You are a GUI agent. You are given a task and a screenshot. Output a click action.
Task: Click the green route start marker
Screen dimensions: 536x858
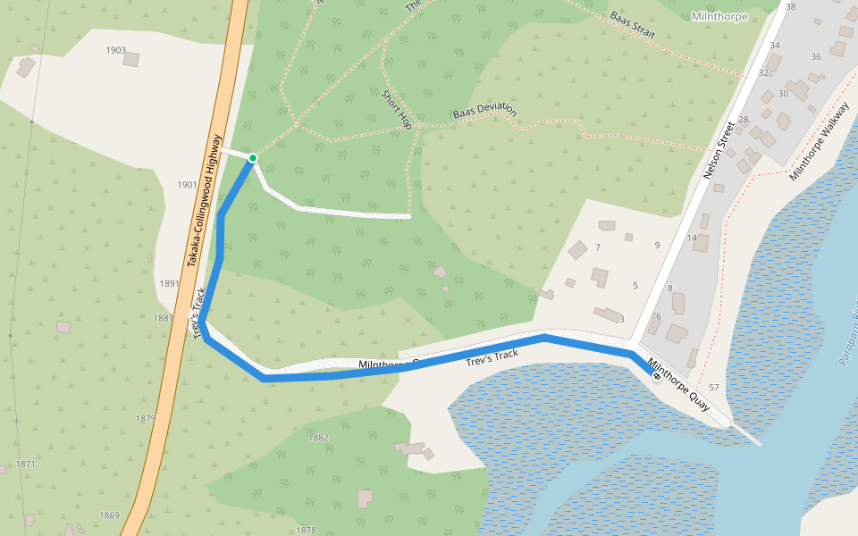[253, 159]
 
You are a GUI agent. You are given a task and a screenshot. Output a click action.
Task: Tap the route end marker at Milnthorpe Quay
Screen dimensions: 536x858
[657, 376]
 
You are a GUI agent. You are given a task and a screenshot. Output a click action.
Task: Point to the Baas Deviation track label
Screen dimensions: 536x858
[484, 112]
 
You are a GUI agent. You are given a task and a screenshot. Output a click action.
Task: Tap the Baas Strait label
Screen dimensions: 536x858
[633, 25]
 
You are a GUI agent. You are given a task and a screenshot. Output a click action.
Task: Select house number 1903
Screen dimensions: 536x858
[115, 50]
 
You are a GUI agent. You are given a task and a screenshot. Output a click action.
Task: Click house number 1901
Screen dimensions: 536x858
[187, 185]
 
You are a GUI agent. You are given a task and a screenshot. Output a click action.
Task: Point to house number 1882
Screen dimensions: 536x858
[318, 438]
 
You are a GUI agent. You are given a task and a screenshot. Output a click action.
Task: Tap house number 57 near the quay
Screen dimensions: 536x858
[713, 387]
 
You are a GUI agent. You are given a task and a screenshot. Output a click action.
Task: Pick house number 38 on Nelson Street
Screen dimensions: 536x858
[790, 7]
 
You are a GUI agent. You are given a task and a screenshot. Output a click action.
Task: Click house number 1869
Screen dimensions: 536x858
[109, 515]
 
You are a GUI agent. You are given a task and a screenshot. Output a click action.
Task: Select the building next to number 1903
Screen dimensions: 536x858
[131, 59]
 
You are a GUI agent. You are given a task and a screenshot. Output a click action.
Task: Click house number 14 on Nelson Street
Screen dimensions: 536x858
[692, 238]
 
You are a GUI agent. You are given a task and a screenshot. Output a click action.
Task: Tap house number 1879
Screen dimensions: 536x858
[145, 418]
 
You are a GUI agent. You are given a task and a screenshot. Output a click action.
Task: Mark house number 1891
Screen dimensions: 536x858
[169, 283]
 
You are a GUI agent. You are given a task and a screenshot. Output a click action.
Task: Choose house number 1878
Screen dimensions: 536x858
[306, 530]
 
